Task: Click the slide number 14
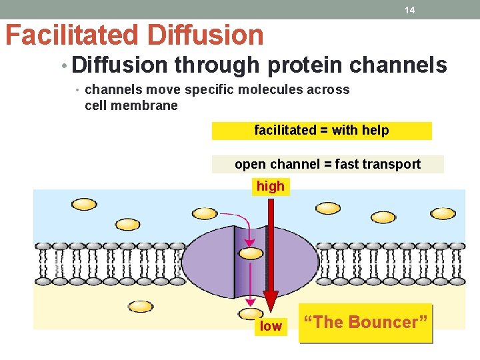coord(409,10)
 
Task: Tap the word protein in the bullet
coord(299,65)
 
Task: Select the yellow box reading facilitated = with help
coord(321,131)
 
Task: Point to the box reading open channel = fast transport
coord(327,164)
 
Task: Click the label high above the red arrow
coord(270,187)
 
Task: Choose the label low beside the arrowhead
coord(271,326)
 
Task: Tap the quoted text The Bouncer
coord(365,323)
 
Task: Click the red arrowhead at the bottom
coord(271,303)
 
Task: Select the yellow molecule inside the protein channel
coord(251,253)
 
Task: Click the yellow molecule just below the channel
coord(251,313)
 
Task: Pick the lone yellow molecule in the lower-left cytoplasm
coord(141,306)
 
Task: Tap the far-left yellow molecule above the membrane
coord(83,204)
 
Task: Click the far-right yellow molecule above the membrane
coord(443,213)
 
